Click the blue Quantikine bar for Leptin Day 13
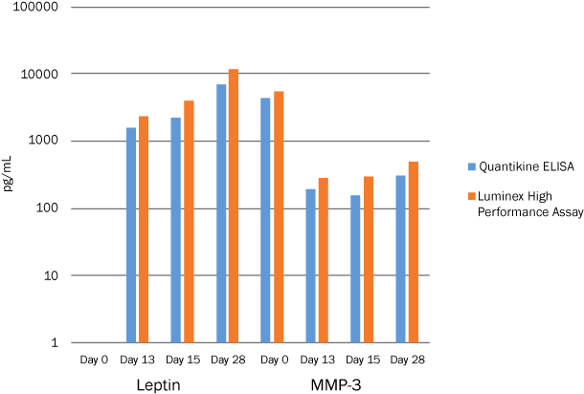tap(131, 234)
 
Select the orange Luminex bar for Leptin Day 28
tap(233, 205)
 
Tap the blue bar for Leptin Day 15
tap(176, 230)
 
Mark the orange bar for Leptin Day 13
tap(144, 229)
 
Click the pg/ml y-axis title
tap(9, 175)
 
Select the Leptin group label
tap(159, 384)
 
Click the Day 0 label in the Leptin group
tap(92, 360)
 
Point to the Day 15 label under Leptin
tap(182, 360)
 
